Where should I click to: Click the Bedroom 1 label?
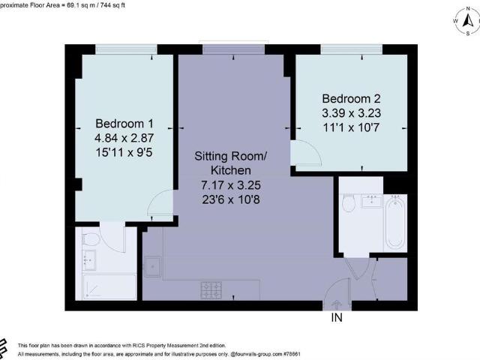click(124, 124)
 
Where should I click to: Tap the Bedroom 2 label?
click(351, 99)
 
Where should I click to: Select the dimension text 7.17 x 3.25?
click(231, 184)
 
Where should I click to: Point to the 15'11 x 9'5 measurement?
click(124, 154)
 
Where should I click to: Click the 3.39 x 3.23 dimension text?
click(351, 114)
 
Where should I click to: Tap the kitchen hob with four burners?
click(210, 288)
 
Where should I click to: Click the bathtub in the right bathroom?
click(394, 223)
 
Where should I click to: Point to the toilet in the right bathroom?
click(348, 205)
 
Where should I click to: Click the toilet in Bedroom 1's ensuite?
click(90, 241)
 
